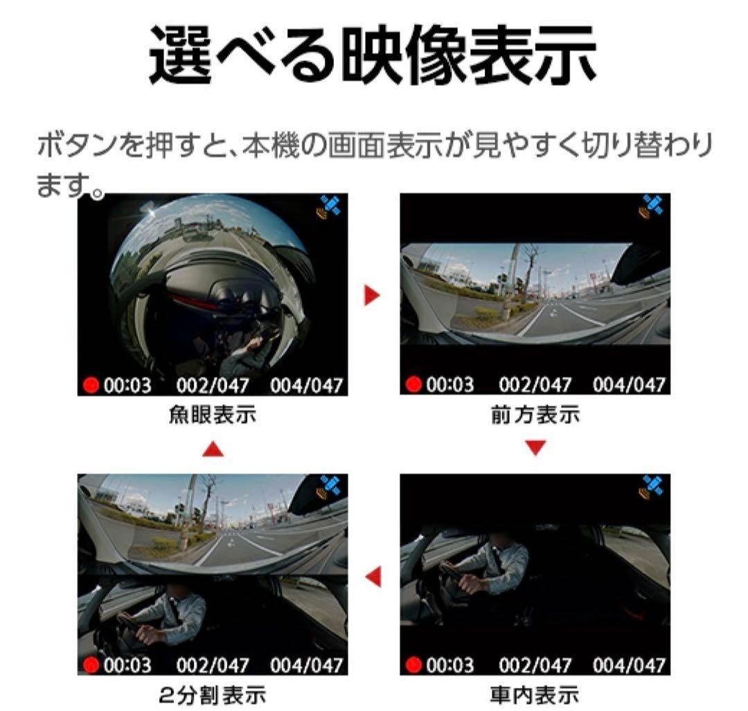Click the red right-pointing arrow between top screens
pos(373,296)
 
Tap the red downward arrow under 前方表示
pos(535,448)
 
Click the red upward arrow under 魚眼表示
pos(213,449)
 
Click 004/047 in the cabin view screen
pos(630,665)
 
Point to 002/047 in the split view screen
pos(213,665)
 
